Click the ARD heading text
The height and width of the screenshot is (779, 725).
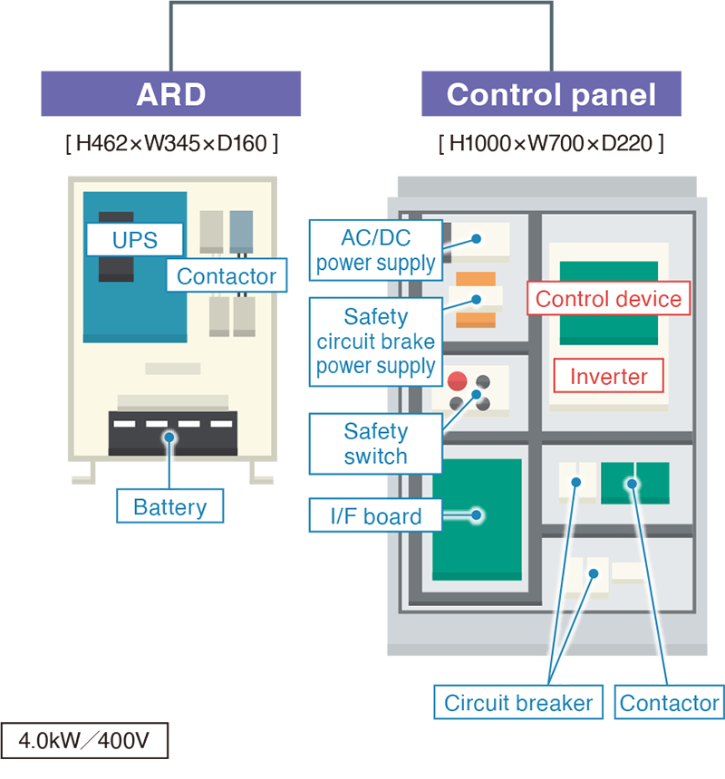[170, 95]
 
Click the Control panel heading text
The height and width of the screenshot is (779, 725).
[551, 95]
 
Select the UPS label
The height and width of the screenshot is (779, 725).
[134, 241]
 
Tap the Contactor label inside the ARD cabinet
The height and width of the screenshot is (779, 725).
[227, 276]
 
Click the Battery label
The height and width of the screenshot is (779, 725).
[169, 506]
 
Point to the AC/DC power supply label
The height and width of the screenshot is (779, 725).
[375, 251]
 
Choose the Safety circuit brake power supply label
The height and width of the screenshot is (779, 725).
[375, 341]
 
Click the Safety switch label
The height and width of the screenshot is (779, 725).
[375, 444]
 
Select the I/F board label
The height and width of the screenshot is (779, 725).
[375, 516]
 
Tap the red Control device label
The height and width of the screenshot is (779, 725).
[608, 299]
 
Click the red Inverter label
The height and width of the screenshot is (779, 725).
[608, 377]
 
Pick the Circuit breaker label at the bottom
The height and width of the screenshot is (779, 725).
[518, 703]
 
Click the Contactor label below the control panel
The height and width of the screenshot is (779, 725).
[669, 703]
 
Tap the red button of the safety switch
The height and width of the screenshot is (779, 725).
[458, 380]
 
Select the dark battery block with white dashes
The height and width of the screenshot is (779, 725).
[172, 433]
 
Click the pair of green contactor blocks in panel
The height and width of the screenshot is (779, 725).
[634, 483]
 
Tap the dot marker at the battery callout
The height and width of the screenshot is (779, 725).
[169, 438]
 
